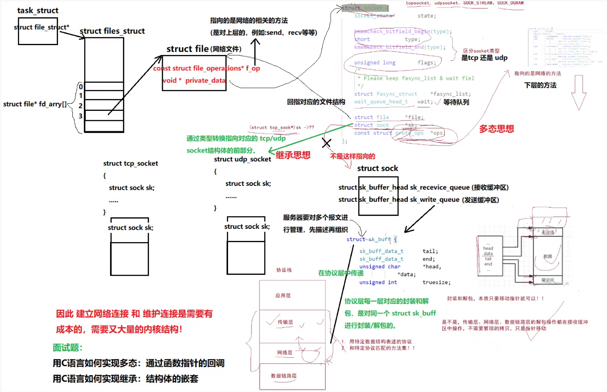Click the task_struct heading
click(38, 10)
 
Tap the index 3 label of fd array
click(80, 116)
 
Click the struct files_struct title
click(112, 31)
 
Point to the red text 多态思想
click(497, 129)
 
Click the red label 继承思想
click(293, 155)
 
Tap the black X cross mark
click(327, 143)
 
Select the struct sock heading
click(378, 169)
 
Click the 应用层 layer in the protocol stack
click(284, 295)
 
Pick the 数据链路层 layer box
click(284, 376)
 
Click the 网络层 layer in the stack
click(284, 353)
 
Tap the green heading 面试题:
click(67, 347)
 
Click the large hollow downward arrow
click(580, 92)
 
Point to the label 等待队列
click(456, 102)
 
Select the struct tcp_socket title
click(130, 164)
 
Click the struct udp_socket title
click(242, 159)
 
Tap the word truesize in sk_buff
click(437, 282)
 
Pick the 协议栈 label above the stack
click(284, 270)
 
